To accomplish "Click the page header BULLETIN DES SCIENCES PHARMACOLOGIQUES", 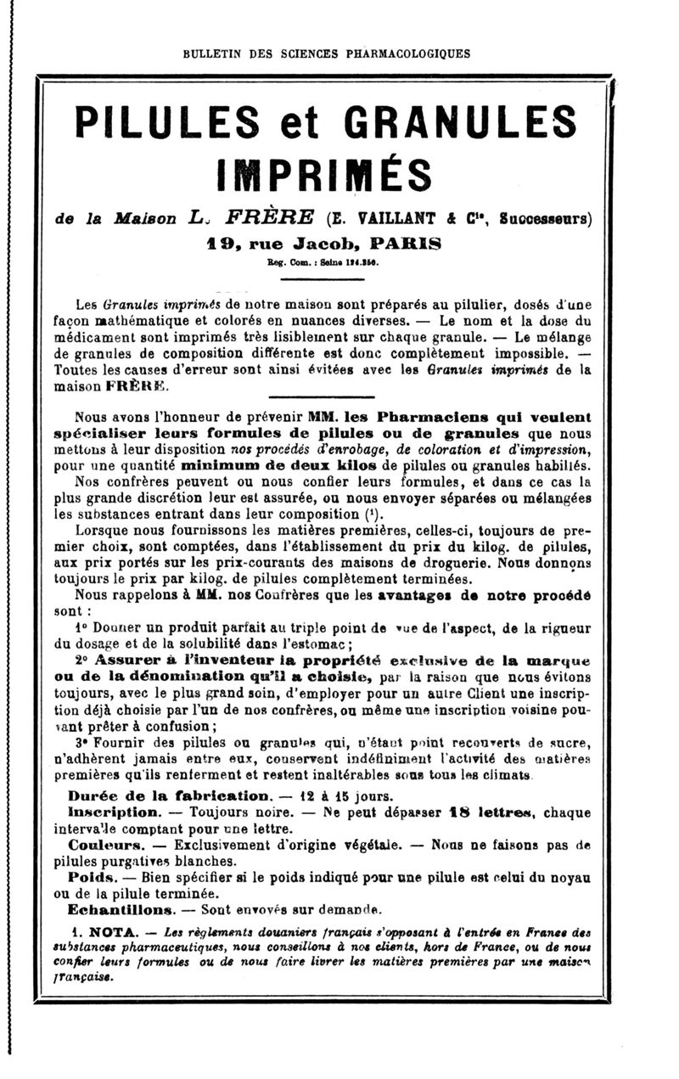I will tap(327, 54).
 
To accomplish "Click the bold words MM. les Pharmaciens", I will tap(374, 418).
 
